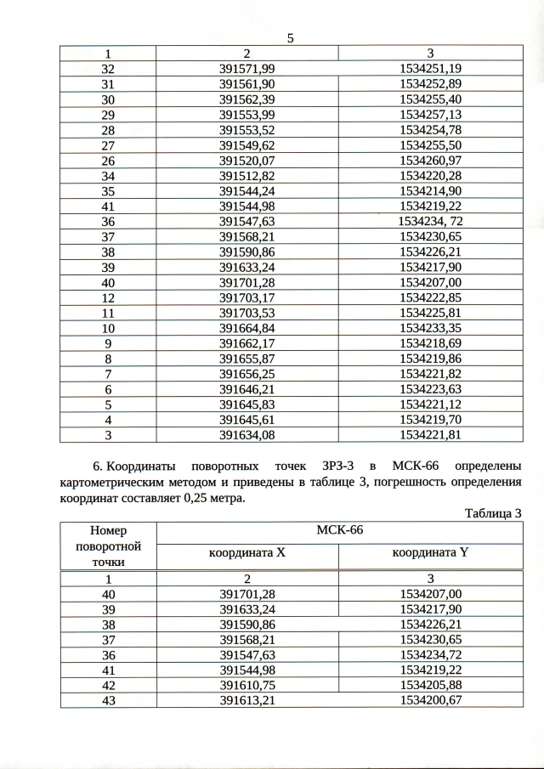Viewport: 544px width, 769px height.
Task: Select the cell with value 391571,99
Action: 247,68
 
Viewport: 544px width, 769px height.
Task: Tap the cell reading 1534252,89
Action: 430,83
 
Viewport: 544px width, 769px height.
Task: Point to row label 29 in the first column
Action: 108,114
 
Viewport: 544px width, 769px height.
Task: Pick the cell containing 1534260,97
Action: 430,160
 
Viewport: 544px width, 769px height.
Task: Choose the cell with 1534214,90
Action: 430,190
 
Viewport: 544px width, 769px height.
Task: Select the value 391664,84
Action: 247,328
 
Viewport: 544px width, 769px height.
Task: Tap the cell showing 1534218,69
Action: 430,343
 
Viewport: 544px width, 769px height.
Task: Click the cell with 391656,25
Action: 247,374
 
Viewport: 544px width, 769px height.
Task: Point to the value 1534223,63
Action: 430,389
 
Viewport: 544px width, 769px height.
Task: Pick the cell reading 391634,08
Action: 247,435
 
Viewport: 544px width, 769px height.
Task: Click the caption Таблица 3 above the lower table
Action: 492,512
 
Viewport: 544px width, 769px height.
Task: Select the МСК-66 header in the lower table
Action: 339,530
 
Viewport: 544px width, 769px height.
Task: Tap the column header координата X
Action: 247,553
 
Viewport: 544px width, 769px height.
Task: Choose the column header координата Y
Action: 430,553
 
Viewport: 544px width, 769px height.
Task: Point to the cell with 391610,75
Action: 247,684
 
